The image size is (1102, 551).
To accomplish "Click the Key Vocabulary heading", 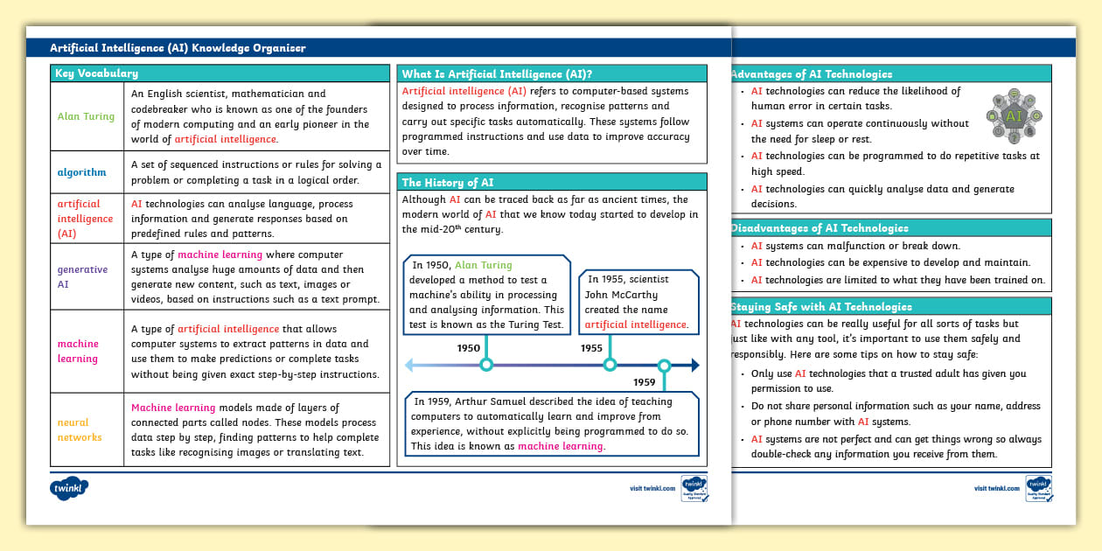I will [x=96, y=73].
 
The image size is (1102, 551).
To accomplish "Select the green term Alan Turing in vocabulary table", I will [x=86, y=116].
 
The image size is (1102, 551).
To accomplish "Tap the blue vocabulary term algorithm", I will [x=81, y=172].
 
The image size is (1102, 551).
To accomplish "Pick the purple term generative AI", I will [x=82, y=276].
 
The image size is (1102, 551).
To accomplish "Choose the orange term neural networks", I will [x=80, y=429].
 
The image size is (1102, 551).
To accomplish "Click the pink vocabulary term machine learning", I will [x=78, y=351].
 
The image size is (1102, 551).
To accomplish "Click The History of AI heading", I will [x=447, y=182].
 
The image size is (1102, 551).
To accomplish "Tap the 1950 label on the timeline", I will [x=469, y=348].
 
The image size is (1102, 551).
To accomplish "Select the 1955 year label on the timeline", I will [x=592, y=348].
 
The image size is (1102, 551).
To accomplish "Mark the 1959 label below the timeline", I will [x=645, y=382].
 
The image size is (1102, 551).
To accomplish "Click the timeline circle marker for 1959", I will [x=664, y=366].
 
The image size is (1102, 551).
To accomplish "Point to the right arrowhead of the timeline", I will [x=694, y=366].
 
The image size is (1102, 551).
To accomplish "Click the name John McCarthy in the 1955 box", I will [x=621, y=295].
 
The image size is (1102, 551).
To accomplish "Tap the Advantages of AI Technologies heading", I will [x=811, y=74].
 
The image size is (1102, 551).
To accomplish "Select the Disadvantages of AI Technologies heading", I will [x=820, y=228].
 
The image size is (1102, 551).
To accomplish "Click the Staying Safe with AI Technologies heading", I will [x=820, y=307].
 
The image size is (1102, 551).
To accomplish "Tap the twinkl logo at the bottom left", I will [x=69, y=486].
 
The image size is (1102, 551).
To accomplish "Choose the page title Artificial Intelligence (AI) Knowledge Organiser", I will [x=178, y=48].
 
